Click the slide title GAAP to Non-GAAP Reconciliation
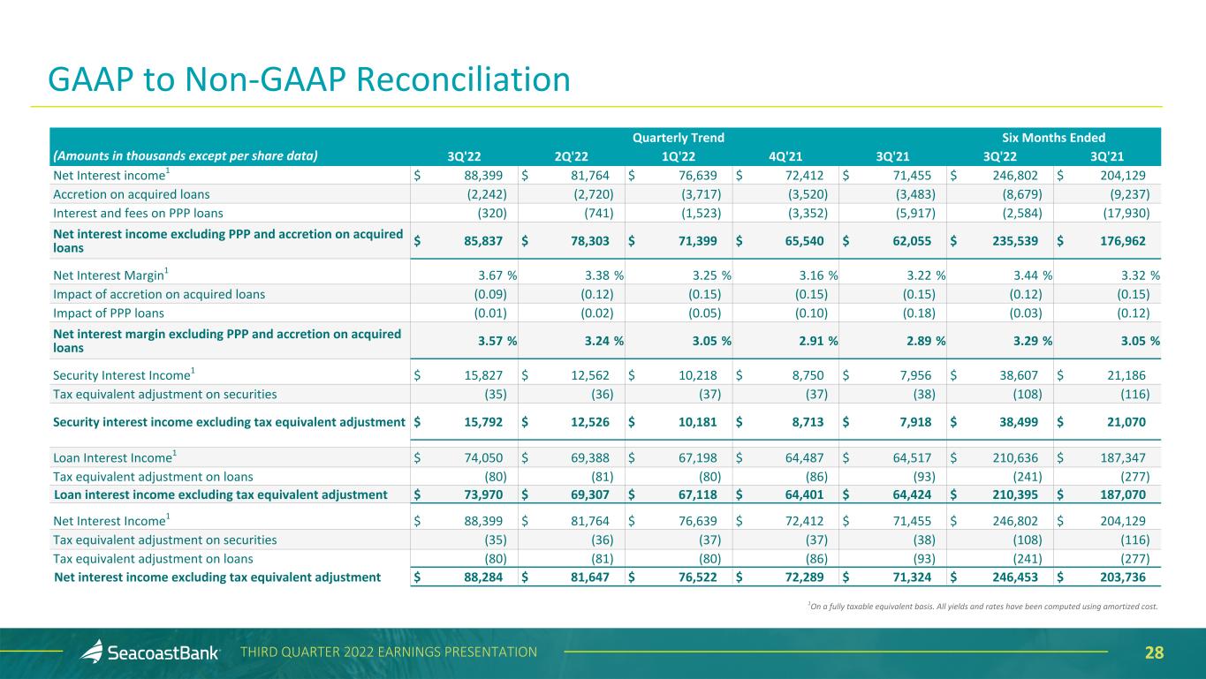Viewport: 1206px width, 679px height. (x=309, y=80)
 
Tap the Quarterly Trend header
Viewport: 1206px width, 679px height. (x=679, y=138)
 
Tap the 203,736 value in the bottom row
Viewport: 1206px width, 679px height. (x=1122, y=577)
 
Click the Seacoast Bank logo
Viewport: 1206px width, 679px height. (x=150, y=653)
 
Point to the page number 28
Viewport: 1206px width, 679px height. (x=1154, y=653)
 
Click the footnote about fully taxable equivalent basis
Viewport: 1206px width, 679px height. (x=982, y=606)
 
